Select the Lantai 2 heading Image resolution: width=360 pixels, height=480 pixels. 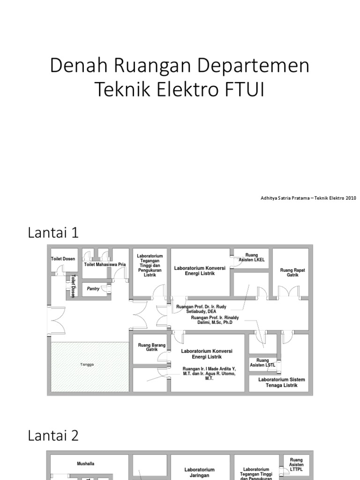pos(53,435)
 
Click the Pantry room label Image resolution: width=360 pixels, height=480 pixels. pos(93,289)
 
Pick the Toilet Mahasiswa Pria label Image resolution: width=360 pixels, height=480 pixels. pos(105,264)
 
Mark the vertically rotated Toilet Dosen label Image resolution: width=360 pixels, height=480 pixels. pos(73,286)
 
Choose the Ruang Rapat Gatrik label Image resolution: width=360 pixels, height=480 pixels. pos(290,272)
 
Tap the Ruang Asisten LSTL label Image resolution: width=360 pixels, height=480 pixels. pos(262,363)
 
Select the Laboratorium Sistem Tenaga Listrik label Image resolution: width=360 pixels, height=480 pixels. pos(282,382)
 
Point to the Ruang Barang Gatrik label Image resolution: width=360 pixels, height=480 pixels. pos(152,347)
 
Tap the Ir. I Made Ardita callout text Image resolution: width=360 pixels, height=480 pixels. pos(209,373)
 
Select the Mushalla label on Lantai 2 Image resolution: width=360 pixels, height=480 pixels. pos(85,464)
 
